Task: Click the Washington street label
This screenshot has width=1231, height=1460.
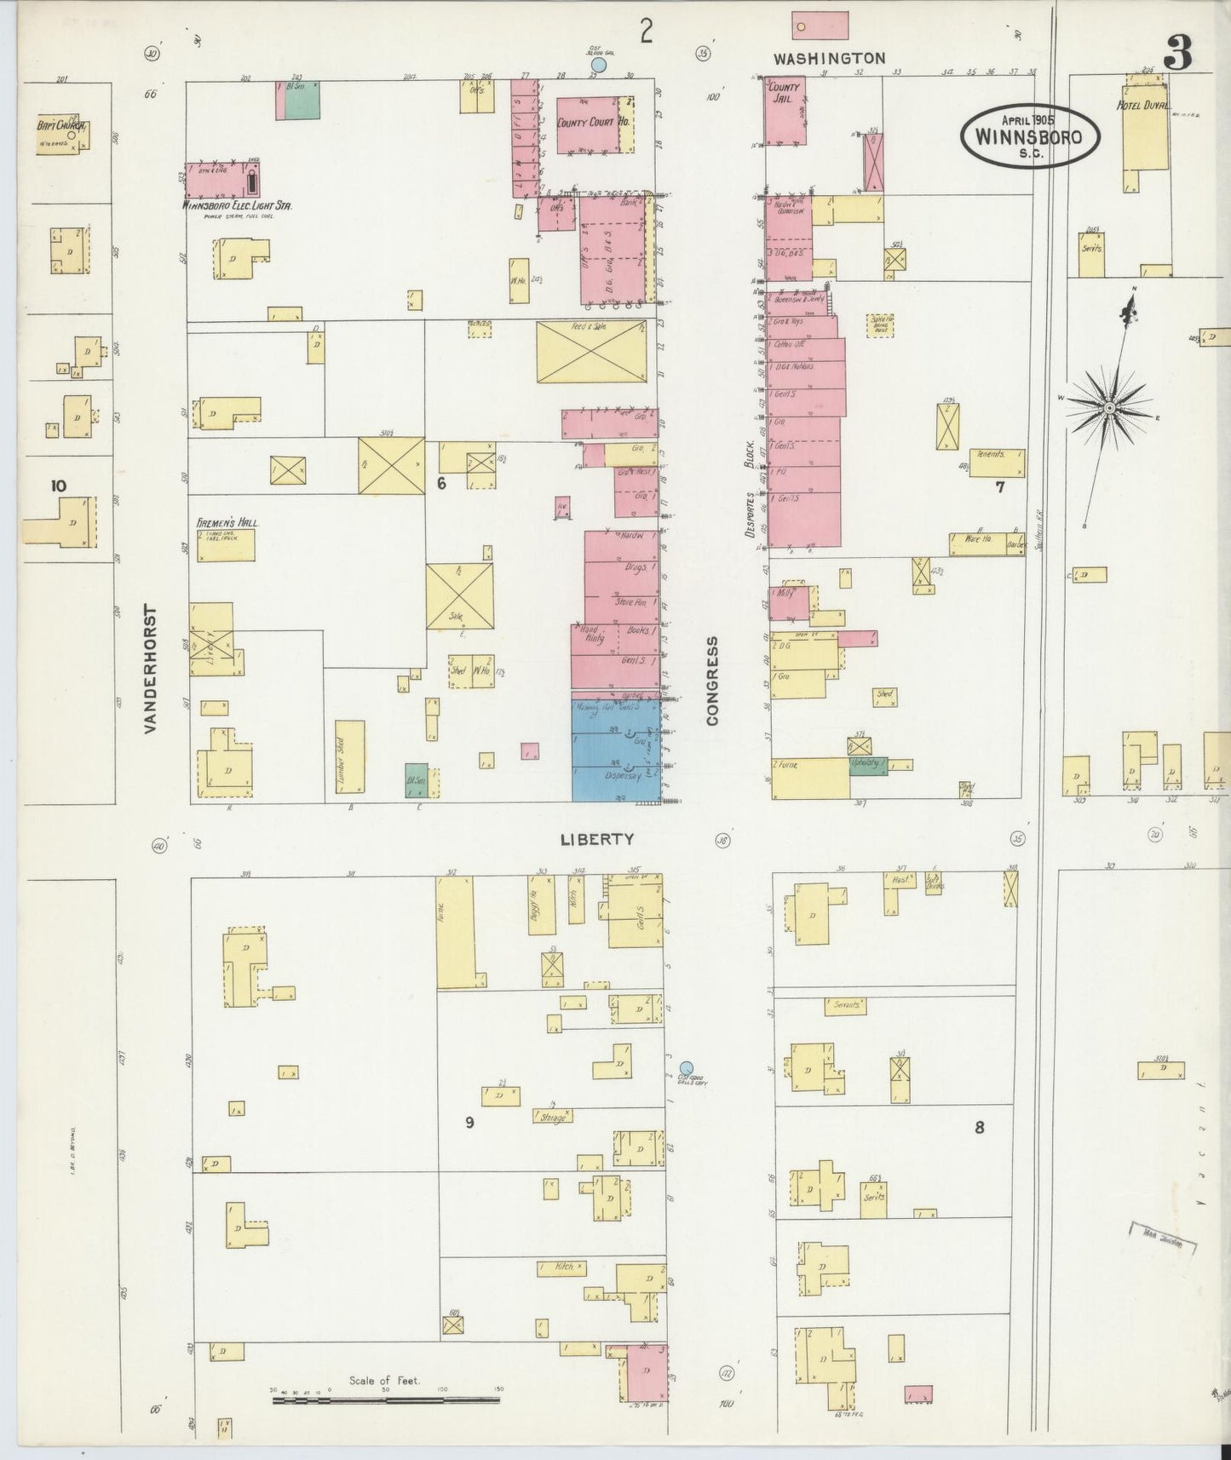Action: [830, 58]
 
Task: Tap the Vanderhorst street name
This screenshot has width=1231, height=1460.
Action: [151, 670]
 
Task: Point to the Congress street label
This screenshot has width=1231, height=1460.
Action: [712, 681]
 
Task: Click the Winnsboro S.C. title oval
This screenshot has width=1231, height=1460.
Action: [1030, 135]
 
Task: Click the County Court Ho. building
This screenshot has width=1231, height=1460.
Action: [594, 124]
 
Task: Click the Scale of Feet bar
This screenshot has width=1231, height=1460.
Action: [386, 1399]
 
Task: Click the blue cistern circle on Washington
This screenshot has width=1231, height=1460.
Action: [599, 65]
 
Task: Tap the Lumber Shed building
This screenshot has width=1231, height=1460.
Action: [349, 761]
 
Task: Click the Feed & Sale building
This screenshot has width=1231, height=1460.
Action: [590, 352]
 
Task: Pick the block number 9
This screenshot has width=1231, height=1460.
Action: [469, 1123]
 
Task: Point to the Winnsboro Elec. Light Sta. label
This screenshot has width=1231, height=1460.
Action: [238, 205]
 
